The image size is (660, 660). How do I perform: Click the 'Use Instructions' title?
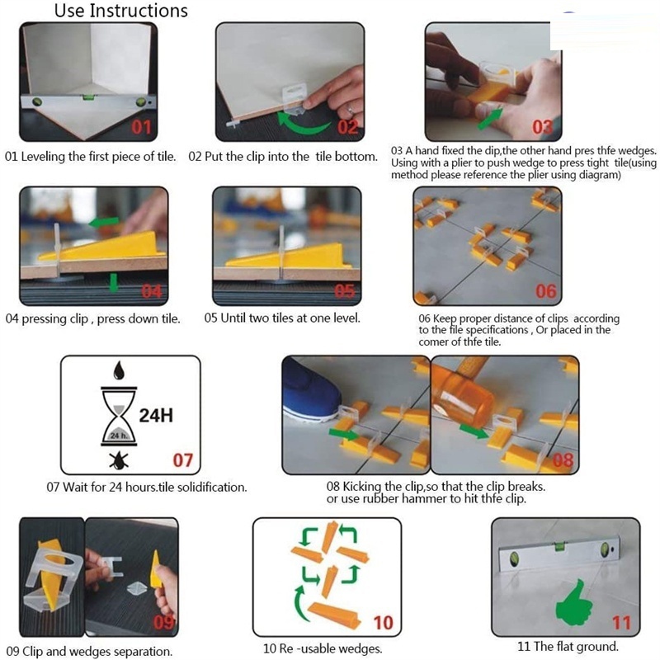coord(121,11)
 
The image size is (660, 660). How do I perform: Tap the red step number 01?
coord(141,127)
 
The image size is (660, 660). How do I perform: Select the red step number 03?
coord(543,127)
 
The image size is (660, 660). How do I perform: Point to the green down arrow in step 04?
coord(114,282)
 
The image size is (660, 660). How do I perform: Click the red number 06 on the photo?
coord(546,291)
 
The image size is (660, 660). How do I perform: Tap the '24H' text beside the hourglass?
coord(156,416)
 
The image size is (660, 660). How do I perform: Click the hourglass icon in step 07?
coord(119,416)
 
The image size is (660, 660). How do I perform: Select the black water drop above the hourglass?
coord(119,370)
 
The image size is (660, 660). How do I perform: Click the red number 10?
coord(383,623)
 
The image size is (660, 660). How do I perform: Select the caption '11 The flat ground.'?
coord(568,646)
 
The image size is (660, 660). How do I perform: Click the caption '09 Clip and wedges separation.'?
coord(89,651)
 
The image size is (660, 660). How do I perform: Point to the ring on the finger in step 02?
coord(350,111)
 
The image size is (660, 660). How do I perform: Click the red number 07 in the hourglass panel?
coord(182,460)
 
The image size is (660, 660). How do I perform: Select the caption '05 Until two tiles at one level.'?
coord(282,318)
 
